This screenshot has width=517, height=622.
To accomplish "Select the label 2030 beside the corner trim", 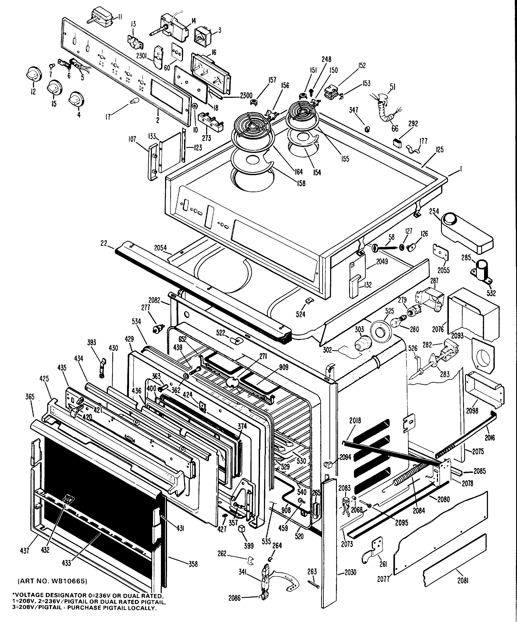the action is click(350, 572).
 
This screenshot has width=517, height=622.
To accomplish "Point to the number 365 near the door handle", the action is click(30, 397).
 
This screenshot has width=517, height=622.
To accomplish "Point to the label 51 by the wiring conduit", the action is click(392, 87).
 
